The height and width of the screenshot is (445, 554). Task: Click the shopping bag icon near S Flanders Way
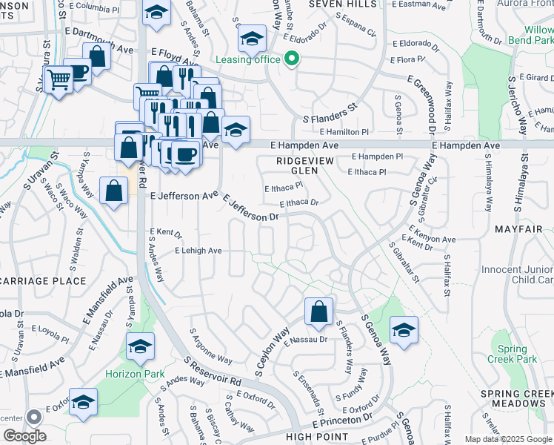click(318, 312)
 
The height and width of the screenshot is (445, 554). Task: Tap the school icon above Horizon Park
click(139, 346)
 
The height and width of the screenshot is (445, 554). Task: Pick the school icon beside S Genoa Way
click(404, 330)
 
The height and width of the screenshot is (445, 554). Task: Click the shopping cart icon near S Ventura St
click(59, 79)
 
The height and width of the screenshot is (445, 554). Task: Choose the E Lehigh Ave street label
click(198, 251)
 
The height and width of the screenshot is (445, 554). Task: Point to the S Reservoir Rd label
click(213, 369)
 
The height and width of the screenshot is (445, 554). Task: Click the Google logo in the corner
click(24, 436)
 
